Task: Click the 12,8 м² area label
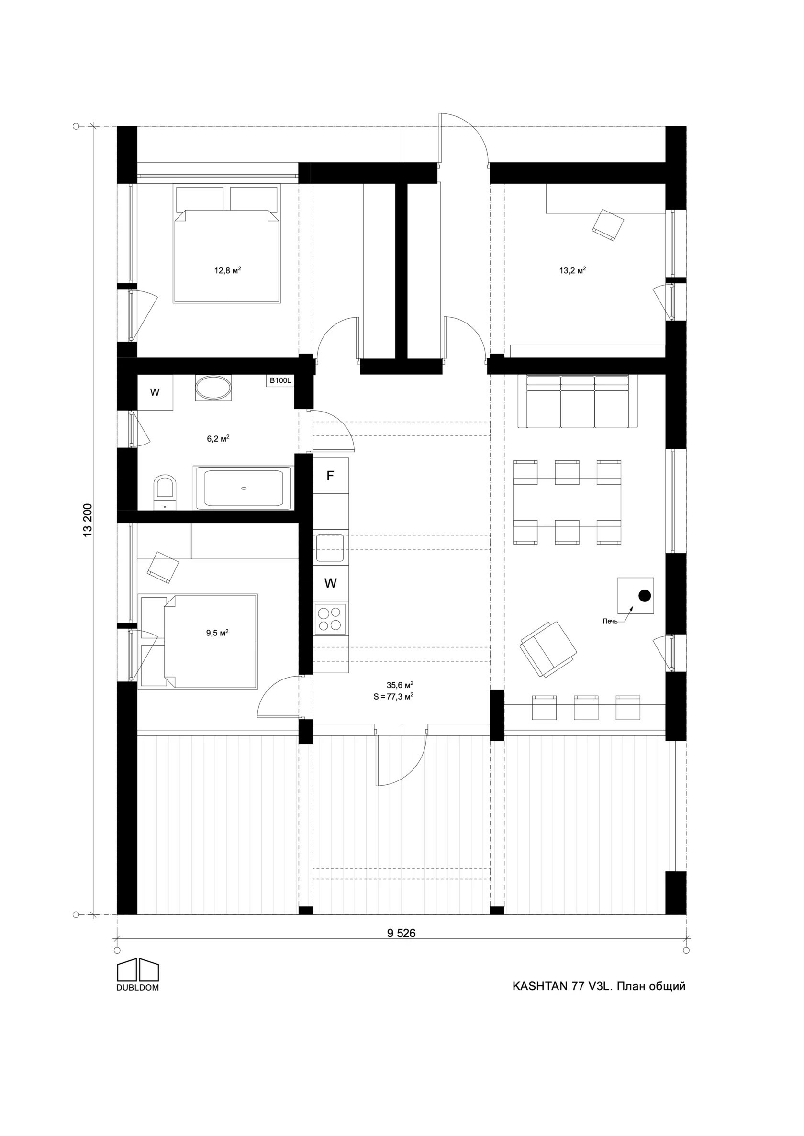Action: [x=227, y=270]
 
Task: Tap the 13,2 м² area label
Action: [x=572, y=270]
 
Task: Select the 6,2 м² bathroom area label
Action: [x=218, y=438]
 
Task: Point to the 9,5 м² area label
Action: [x=217, y=633]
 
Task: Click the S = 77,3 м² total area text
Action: [x=393, y=696]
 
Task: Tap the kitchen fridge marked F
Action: [x=331, y=476]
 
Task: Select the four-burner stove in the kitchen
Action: [x=331, y=619]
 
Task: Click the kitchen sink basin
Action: [x=330, y=548]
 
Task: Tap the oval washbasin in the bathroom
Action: [x=213, y=388]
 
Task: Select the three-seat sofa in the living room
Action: [x=578, y=401]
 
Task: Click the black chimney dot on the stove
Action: [x=644, y=596]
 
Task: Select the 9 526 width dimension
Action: [x=401, y=933]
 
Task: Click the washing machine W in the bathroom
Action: [x=155, y=392]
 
